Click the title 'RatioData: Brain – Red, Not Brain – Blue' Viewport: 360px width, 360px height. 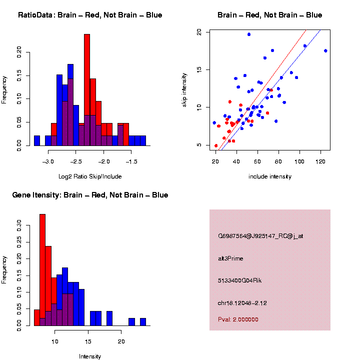[x=90, y=15]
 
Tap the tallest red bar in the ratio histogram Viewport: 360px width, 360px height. [x=87, y=90]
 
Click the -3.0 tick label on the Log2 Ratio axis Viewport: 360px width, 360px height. [x=48, y=162]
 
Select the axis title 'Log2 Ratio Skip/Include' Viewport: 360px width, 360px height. [x=90, y=176]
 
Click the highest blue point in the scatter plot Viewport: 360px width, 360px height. [x=249, y=34]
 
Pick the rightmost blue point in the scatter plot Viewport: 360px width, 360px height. [x=325, y=50]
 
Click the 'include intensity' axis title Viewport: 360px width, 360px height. [x=270, y=176]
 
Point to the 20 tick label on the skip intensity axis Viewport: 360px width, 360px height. [x=199, y=32]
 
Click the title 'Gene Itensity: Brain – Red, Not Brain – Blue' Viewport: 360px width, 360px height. [x=90, y=195]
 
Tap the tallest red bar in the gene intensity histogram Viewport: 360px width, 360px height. [x=42, y=270]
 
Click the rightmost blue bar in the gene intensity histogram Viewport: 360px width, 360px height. [x=143, y=322]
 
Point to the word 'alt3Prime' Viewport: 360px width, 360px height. [x=230, y=258]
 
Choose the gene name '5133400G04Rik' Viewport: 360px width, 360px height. [x=240, y=280]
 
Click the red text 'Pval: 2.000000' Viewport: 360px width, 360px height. [x=238, y=319]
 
